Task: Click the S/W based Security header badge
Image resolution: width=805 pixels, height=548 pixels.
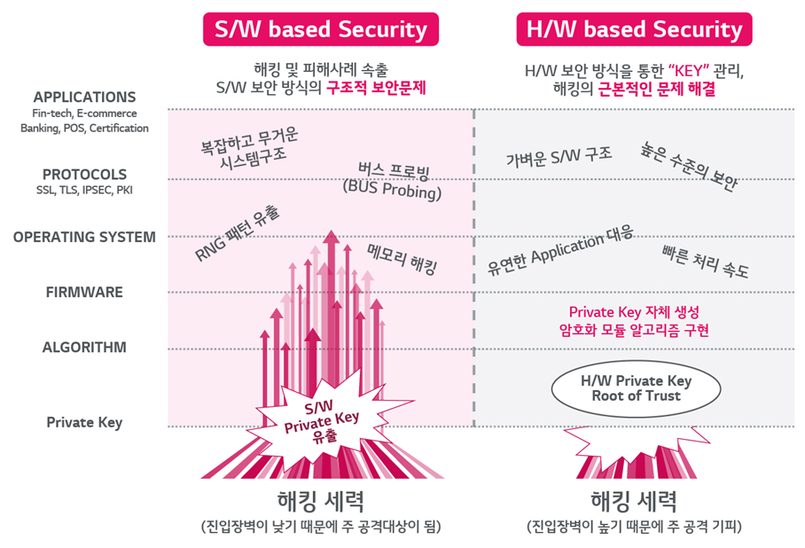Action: tap(320, 29)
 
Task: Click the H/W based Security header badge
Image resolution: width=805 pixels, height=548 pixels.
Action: tap(634, 29)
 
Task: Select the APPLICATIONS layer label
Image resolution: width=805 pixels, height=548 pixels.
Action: tap(84, 98)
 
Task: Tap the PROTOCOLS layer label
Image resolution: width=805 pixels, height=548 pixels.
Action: tap(84, 175)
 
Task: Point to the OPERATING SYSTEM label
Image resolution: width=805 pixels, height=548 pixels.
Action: tap(84, 237)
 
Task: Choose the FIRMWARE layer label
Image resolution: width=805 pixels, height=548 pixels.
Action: tap(84, 292)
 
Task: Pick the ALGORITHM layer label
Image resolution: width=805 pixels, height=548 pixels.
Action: tap(84, 347)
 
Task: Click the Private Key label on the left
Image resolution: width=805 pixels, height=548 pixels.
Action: tap(84, 422)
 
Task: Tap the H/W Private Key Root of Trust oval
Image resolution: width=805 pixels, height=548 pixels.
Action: tap(635, 388)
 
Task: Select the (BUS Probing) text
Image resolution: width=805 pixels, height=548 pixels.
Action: tap(392, 190)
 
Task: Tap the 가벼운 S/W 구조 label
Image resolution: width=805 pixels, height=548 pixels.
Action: tap(559, 157)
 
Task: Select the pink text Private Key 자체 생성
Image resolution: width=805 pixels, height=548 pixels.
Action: tap(634, 312)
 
